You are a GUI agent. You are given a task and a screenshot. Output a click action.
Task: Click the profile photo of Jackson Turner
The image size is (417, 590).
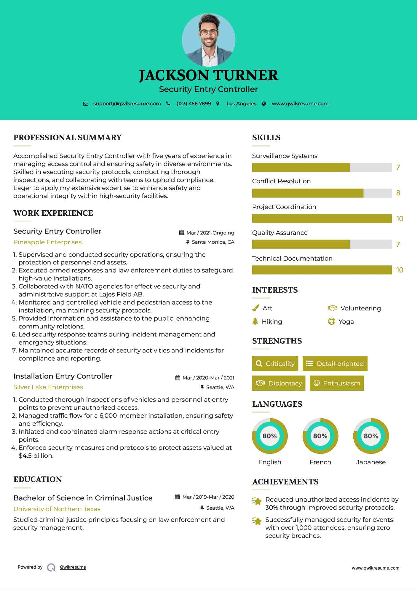pos(208,40)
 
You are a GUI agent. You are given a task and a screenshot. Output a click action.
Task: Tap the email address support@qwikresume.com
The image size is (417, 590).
pos(127,104)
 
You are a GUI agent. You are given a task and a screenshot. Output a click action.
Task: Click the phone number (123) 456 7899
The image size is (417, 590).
pos(194,104)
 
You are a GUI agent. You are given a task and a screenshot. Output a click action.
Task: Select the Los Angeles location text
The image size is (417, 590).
pos(241,104)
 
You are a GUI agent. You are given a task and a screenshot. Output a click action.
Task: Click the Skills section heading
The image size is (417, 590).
pos(266,138)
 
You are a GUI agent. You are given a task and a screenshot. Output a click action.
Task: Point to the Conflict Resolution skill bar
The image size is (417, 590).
pos(322,193)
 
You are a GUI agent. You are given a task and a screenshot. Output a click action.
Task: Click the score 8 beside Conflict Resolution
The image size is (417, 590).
pos(398,193)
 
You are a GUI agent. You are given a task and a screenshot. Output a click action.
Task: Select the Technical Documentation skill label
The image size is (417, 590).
pos(292,259)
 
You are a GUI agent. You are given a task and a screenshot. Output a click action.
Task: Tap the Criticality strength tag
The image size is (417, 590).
pos(275,364)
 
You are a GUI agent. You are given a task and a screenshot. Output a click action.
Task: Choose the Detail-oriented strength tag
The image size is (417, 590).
pos(335,364)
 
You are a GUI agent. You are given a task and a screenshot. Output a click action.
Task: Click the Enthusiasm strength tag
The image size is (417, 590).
pos(337,383)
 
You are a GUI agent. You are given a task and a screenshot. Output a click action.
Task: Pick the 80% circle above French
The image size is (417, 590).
pos(320,436)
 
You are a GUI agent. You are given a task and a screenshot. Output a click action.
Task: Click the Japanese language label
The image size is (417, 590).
pos(371,462)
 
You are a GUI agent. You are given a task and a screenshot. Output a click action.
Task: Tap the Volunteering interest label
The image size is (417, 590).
pos(360,308)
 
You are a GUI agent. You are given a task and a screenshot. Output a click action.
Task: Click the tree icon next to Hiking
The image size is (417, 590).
pos(255,321)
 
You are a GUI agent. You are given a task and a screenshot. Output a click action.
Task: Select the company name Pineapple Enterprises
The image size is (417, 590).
pos(47,242)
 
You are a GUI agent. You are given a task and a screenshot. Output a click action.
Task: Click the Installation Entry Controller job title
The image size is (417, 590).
pos(63,376)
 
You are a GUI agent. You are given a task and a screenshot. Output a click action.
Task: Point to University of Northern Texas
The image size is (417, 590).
pos(57,509)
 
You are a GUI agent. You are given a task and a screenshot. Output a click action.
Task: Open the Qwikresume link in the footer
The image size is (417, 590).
pos(73,567)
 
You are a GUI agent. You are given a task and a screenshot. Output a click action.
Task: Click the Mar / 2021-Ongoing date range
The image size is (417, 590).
pos(210,233)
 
